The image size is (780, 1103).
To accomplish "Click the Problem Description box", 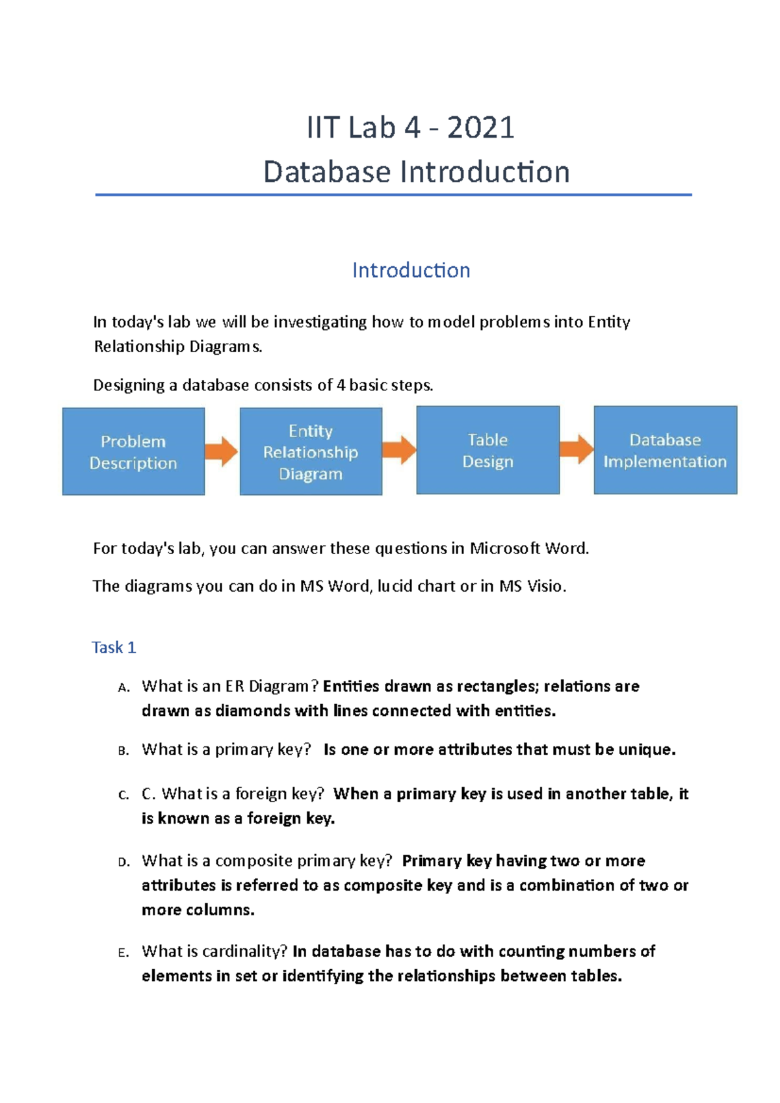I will tap(133, 451).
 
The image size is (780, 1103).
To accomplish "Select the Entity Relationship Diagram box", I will tap(311, 451).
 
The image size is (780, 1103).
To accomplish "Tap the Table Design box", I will tap(487, 450).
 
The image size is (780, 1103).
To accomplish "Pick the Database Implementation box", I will tap(665, 450).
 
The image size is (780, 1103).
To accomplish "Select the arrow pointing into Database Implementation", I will tap(577, 449).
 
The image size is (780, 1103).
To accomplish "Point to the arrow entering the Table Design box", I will tap(399, 450).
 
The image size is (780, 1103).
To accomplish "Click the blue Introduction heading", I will tap(411, 270).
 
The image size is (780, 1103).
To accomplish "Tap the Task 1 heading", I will tap(114, 648).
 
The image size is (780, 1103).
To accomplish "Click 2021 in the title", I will tap(481, 127).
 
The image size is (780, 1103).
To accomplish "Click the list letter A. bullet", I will tap(124, 688).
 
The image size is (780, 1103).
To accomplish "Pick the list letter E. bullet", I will tap(123, 953).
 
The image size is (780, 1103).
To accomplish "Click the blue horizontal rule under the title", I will tap(393, 194).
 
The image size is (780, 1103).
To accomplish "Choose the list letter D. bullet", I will tap(124, 863).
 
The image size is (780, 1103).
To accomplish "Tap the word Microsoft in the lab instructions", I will tap(506, 548).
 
